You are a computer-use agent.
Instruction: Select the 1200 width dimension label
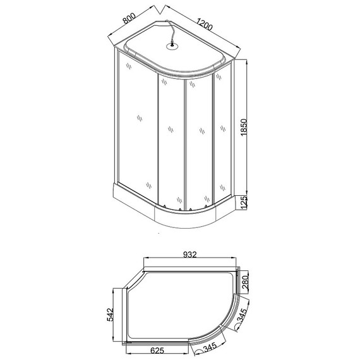tap(204, 25)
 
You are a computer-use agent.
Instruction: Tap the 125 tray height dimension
tap(251, 202)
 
